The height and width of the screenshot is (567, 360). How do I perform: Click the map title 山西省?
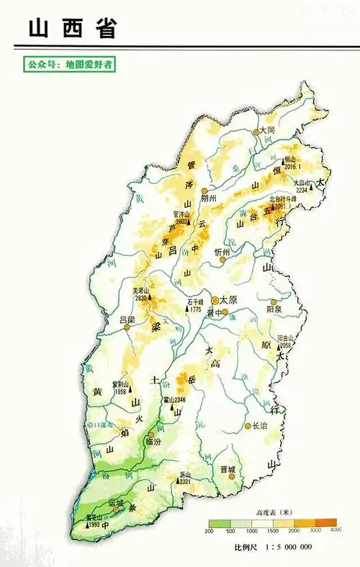72,28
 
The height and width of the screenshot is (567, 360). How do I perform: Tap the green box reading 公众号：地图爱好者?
70,65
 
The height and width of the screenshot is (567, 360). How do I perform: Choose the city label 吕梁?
127,318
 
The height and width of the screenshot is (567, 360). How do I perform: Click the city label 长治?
258,425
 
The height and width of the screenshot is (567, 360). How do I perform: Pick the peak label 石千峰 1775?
195,305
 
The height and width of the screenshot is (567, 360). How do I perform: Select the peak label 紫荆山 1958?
120,388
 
